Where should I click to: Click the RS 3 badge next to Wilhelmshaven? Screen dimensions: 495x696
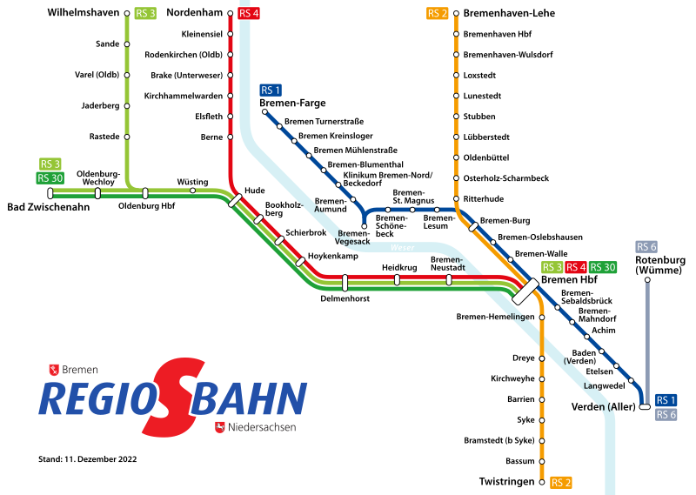coord(145,14)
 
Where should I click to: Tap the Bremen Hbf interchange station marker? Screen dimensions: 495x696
coord(526,291)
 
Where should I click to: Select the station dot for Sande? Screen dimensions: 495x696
coord(128,44)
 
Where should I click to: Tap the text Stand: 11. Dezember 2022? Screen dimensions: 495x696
coord(88,458)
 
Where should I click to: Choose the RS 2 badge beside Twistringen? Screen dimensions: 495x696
coord(561,482)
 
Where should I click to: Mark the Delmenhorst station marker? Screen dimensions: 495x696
coord(345,283)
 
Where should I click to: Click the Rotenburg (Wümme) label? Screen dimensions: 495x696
coord(660,265)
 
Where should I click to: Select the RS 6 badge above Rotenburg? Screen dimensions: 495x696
coord(646,246)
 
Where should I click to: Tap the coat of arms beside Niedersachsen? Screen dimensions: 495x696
coord(220,427)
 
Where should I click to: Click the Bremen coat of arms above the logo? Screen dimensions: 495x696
coord(55,370)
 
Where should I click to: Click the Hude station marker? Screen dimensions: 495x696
coord(235,200)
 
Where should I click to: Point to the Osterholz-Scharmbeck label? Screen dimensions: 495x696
coord(505,178)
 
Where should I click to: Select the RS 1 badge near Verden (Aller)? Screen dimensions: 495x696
coord(666,399)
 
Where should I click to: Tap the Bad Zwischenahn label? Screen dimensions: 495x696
coord(49,207)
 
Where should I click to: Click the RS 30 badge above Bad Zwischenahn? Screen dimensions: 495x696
coord(51,178)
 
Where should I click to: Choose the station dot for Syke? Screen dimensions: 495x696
coord(542,419)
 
